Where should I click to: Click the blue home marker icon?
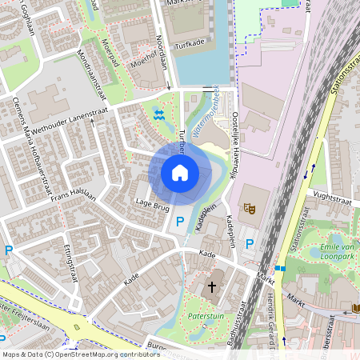tap(180, 173)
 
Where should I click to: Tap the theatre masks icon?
tap(249, 209)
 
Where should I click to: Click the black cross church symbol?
tap(213, 286)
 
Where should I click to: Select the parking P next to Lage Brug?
tap(180, 222)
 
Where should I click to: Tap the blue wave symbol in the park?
tap(158, 114)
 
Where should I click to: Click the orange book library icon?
tap(355, 307)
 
